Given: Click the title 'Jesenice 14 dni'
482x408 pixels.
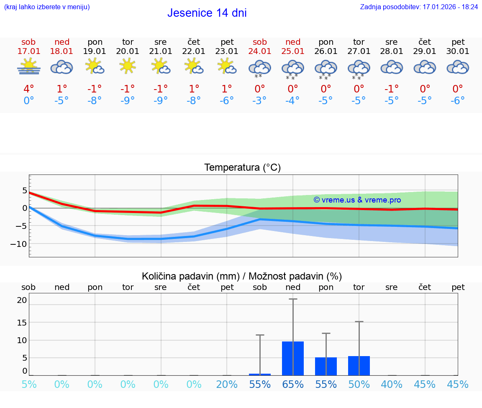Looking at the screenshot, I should (207, 13).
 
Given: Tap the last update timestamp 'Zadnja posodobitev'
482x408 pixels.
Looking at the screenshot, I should (419, 7).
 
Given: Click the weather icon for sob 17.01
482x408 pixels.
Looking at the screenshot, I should (28, 67).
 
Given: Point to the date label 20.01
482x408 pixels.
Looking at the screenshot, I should (128, 51).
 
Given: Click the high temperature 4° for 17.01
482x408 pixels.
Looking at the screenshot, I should (28, 89).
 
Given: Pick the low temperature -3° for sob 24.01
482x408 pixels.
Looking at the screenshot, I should (259, 101).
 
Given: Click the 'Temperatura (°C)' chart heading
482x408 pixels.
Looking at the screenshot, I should (242, 168).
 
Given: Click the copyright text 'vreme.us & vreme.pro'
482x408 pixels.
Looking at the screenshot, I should (357, 200).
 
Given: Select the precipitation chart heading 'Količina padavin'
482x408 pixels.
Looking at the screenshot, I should (242, 276).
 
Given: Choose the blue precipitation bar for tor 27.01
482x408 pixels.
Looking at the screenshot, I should (359, 366).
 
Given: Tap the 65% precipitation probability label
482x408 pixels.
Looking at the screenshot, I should (292, 384).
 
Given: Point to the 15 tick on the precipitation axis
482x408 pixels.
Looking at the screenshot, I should (22, 322).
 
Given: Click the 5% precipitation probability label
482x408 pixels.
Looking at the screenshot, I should (28, 384).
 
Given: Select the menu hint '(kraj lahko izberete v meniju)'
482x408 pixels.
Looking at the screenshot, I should (47, 7).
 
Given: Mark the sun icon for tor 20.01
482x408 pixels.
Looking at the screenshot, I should (128, 66).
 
